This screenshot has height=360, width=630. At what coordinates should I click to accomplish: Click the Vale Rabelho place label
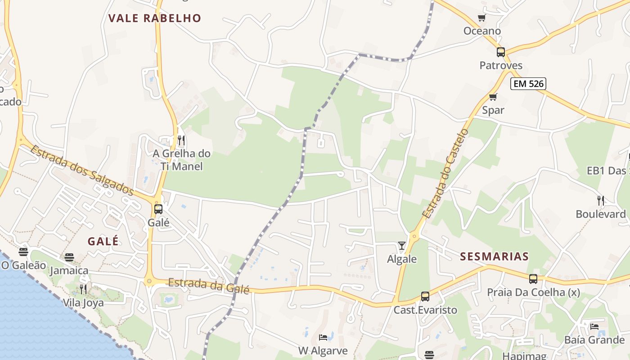[154, 18]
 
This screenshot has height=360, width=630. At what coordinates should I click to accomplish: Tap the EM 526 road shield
[528, 83]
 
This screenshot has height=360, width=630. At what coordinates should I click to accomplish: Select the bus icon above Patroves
[501, 52]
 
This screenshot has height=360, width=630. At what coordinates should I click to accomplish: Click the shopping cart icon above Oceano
[482, 18]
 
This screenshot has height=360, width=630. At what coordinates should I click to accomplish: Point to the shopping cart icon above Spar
[493, 97]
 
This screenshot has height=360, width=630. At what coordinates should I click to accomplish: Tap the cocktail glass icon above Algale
[402, 246]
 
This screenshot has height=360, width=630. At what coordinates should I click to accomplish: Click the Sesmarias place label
[494, 257]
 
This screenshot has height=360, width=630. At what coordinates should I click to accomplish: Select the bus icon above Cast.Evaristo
[425, 297]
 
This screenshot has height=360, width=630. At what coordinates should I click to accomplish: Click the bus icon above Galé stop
[158, 209]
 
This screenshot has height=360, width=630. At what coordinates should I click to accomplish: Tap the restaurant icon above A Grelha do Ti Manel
[181, 140]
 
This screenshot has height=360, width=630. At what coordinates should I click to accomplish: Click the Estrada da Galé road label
[208, 286]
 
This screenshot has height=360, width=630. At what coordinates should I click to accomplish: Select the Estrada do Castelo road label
[445, 174]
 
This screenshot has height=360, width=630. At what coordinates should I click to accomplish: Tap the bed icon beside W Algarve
[323, 337]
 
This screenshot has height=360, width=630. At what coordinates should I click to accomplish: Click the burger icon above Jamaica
[69, 257]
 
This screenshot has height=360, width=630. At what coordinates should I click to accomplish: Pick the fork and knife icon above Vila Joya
[83, 289]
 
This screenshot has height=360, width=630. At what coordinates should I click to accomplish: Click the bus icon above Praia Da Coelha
[533, 279]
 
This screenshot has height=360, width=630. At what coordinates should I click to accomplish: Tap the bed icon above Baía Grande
[594, 326]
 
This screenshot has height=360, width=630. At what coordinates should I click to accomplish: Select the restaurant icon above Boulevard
[601, 201]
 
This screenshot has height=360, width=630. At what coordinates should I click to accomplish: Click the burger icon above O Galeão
[23, 252]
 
